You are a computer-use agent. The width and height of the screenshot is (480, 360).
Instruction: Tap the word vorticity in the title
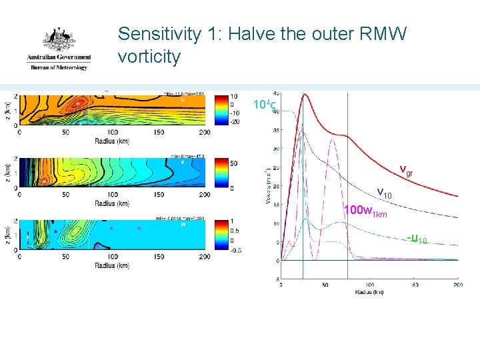[x=149, y=57]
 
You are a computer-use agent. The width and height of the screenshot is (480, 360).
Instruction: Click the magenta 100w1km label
[x=365, y=212]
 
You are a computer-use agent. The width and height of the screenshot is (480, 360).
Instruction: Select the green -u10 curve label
[x=419, y=239]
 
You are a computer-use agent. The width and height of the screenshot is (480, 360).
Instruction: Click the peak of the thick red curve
[x=304, y=94]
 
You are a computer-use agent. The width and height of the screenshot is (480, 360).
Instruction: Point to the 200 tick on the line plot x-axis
[x=458, y=285]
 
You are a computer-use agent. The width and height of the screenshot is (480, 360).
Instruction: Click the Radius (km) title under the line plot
[x=369, y=292]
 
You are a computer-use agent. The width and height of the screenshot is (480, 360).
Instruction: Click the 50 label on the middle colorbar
[x=233, y=163]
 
